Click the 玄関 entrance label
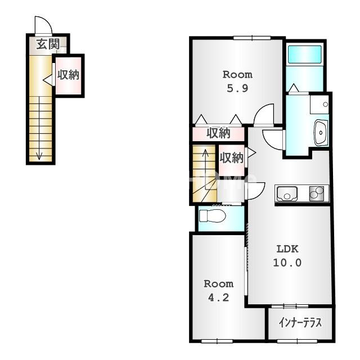[x=48, y=44]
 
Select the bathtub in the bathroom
[x=304, y=54]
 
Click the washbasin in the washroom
[x=320, y=133]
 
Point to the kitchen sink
[x=287, y=193]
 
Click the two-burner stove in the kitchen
[x=317, y=193]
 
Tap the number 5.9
[x=237, y=88]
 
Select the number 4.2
[x=219, y=298]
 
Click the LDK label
[x=287, y=249]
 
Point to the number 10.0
[x=287, y=263]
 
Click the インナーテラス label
[x=300, y=322]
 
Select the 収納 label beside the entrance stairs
[x=68, y=75]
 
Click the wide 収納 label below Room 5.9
[x=218, y=133]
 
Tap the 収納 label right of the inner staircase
[x=231, y=158]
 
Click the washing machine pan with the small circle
[x=319, y=105]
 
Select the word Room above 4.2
[x=219, y=284]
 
